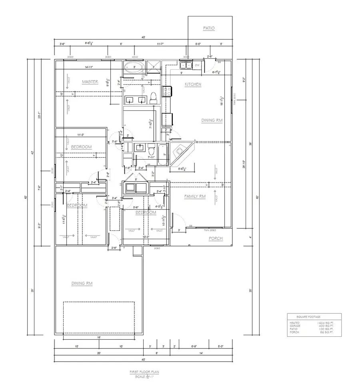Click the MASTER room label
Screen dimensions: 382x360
(90, 82)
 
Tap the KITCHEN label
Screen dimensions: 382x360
(192, 84)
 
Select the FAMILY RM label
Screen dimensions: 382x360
(194, 196)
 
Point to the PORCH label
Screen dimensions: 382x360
(215, 239)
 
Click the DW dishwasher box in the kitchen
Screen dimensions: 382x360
(197, 65)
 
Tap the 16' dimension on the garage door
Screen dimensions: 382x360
(98, 338)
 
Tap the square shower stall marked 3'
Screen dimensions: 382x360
(152, 66)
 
